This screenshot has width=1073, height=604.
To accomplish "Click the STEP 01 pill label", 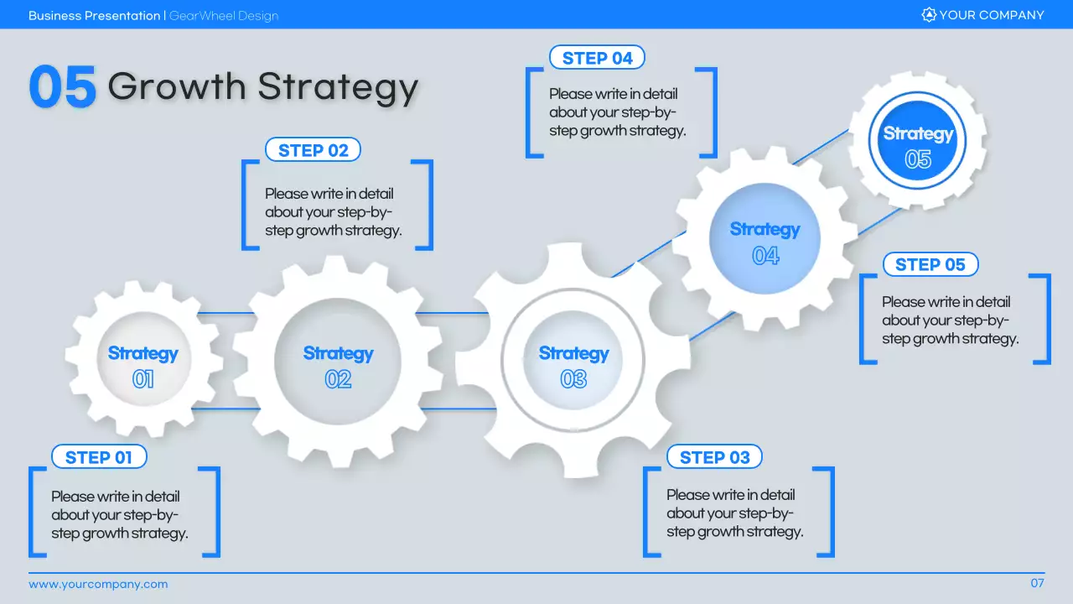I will [x=99, y=457].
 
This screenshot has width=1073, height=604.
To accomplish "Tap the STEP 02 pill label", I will [x=313, y=150].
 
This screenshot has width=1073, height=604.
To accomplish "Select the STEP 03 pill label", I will [x=714, y=457].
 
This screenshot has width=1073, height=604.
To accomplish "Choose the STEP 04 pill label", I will [x=597, y=58].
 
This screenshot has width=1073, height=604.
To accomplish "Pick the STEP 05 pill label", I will [x=930, y=265].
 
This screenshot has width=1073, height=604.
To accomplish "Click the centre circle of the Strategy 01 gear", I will [x=143, y=366].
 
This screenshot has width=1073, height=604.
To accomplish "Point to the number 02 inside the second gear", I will [x=338, y=380].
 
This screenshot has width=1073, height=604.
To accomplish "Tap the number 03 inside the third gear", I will [x=573, y=380].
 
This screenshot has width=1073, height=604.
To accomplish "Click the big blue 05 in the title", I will [x=62, y=87].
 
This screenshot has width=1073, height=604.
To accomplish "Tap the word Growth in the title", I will [x=177, y=86].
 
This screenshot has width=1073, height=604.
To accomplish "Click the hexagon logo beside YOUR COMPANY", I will [x=928, y=15].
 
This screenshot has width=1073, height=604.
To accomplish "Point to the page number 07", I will [x=1037, y=583].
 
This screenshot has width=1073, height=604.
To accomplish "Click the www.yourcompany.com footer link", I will [x=98, y=584].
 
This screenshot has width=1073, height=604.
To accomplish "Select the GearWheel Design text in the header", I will [x=224, y=16].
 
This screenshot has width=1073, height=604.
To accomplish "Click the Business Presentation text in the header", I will [x=94, y=16].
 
